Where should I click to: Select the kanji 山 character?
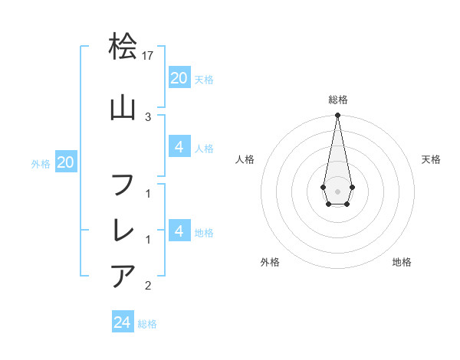point(123,108)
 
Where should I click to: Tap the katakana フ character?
point(123,185)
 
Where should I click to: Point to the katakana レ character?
point(123,229)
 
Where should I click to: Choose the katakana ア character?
point(123,275)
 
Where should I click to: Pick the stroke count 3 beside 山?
point(148,116)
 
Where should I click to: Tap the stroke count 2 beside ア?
point(148,286)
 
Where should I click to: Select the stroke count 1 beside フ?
point(148,194)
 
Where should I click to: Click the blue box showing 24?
point(123,322)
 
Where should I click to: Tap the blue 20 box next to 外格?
point(66,162)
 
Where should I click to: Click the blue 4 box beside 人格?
point(179,147)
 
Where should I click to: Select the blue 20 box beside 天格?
point(179,77)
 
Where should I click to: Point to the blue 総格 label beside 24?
point(147,324)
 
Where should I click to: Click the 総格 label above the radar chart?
point(337,100)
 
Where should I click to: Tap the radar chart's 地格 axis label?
point(402,262)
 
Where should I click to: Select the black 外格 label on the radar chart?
point(270,262)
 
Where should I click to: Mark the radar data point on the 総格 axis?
point(337,116)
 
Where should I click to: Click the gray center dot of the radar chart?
point(337,191)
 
